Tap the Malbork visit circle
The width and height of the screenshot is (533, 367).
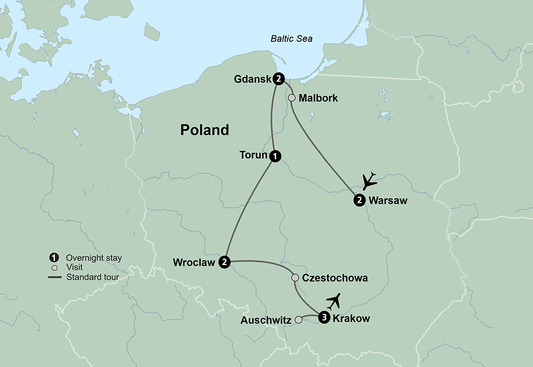pyautogui.click(x=292, y=98)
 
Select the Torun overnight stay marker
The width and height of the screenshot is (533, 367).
pyautogui.click(x=275, y=156)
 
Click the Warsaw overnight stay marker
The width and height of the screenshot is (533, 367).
pyautogui.click(x=359, y=201)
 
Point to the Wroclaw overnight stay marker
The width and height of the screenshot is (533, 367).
pyautogui.click(x=225, y=262)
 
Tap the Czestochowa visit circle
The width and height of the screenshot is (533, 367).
pyautogui.click(x=295, y=278)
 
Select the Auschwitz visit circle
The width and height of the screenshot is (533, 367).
pyautogui.click(x=298, y=320)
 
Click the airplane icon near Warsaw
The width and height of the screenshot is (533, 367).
pyautogui.click(x=369, y=181)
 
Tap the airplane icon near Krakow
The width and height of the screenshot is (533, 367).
pyautogui.click(x=334, y=301)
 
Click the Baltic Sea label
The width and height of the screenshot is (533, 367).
pyautogui.click(x=291, y=39)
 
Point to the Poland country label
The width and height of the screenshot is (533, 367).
pyautogui.click(x=205, y=130)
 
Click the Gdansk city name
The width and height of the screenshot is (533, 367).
pyautogui.click(x=252, y=79)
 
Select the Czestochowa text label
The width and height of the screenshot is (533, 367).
pyautogui.click(x=335, y=278)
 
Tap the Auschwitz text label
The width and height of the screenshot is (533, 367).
pyautogui.click(x=266, y=321)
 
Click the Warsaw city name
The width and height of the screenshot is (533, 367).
pyautogui.click(x=387, y=201)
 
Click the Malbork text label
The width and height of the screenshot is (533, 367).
pyautogui.click(x=318, y=98)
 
